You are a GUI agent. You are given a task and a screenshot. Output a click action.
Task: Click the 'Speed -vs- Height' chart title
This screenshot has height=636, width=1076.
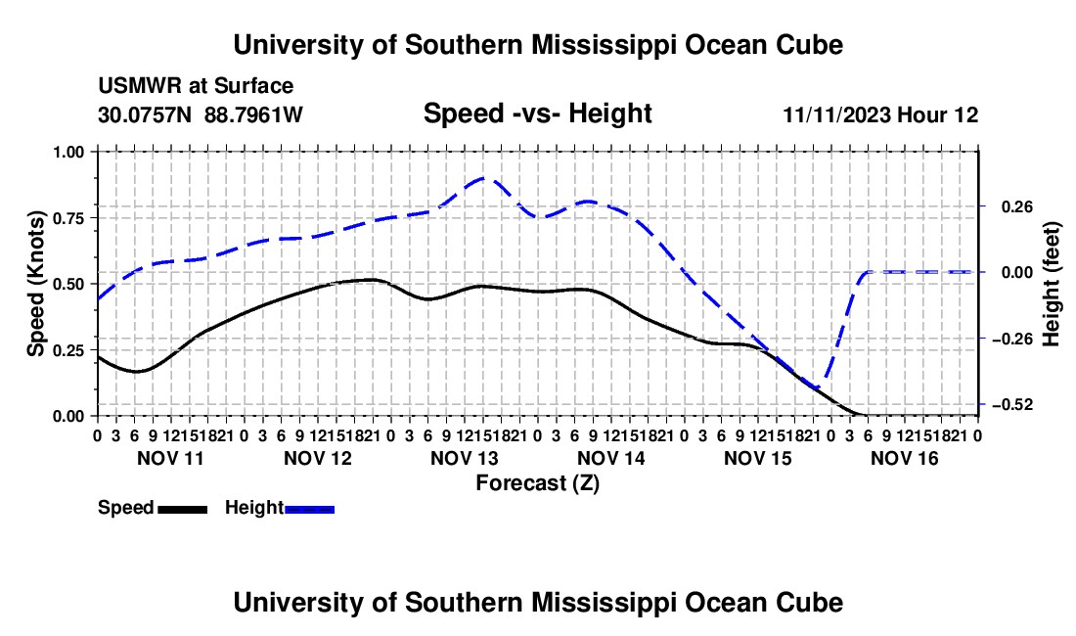tap(537, 114)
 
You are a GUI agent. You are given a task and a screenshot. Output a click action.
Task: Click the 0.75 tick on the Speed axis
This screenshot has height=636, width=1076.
tap(69, 218)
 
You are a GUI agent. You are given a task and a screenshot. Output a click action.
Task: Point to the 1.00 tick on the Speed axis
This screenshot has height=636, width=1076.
tap(69, 152)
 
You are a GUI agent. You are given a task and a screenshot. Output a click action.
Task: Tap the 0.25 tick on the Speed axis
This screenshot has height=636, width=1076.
tap(69, 350)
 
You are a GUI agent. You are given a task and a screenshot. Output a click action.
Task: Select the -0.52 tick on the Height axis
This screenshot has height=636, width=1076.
tap(1012, 405)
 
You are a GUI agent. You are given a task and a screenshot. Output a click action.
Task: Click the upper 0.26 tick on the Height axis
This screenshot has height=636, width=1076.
tap(1017, 206)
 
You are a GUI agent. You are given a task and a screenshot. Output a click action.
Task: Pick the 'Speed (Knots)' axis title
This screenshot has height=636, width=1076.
tap(35, 284)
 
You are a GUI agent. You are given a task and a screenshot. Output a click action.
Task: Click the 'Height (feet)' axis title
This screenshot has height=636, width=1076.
tap(1051, 284)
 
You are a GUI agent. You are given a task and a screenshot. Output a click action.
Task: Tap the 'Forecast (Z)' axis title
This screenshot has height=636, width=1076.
tap(537, 483)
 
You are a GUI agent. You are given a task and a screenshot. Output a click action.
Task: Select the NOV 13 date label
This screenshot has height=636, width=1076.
tap(464, 458)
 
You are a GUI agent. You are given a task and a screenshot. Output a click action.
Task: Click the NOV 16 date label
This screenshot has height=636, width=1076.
tap(905, 458)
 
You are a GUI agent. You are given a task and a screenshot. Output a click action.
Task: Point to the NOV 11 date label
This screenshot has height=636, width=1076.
tap(171, 458)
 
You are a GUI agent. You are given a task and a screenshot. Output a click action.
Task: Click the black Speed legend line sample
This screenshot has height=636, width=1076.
tap(183, 510)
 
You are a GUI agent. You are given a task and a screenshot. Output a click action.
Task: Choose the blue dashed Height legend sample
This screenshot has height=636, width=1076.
tap(309, 510)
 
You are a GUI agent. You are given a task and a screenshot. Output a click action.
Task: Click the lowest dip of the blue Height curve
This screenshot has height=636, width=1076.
tap(817, 387)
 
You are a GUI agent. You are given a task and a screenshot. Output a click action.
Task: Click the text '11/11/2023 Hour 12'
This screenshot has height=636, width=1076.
tap(880, 114)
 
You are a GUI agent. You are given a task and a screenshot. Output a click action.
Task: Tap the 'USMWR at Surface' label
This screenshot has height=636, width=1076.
tap(196, 86)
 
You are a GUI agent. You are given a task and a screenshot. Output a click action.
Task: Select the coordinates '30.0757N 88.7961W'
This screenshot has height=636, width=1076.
tap(201, 114)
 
